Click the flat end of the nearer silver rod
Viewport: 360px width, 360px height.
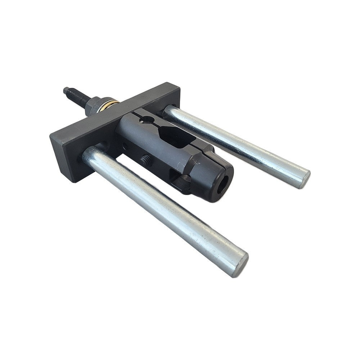pos(239,264)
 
